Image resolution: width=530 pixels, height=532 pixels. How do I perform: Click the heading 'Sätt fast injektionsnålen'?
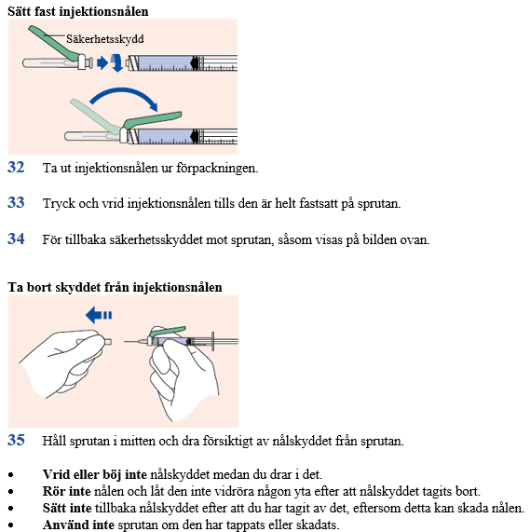point(78,11)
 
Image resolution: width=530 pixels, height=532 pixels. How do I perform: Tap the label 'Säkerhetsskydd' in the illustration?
point(104,39)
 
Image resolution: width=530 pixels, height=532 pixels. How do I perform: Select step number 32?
point(16,168)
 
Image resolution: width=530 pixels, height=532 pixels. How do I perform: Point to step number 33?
point(16,202)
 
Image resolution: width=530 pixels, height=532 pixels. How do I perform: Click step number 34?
point(16,239)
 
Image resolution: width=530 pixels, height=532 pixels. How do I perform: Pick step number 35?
point(16,440)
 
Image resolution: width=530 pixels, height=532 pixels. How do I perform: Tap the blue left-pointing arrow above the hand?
point(99,315)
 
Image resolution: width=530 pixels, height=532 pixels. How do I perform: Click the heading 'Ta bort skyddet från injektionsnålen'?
point(115,287)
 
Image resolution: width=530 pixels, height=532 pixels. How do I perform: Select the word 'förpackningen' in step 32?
point(217,168)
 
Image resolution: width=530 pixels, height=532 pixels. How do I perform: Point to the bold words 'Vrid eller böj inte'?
point(95,474)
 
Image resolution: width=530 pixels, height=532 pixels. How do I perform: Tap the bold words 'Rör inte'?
point(66,491)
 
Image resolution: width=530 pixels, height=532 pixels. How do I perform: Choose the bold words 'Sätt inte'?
point(67,508)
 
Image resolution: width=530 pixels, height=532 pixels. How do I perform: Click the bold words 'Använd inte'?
point(78,525)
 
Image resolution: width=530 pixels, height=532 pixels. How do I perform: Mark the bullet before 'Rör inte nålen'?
point(11,492)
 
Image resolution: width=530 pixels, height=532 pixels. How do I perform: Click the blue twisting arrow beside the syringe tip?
point(117,62)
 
